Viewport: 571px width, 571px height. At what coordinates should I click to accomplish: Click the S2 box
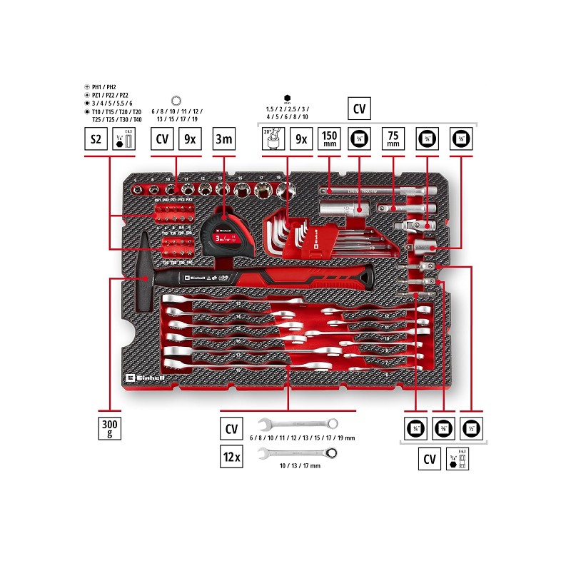[95, 139]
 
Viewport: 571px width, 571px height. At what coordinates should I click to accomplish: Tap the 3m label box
[225, 139]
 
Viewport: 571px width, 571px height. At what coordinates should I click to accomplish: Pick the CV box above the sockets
[163, 139]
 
